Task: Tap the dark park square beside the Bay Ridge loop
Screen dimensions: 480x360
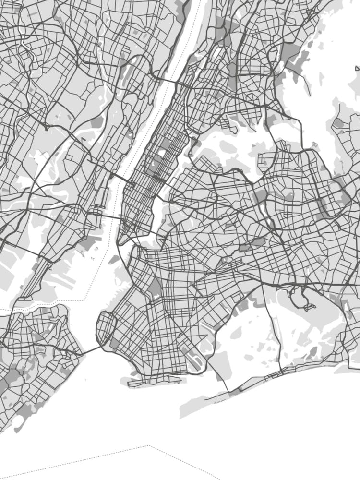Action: pyautogui.click(x=115, y=343)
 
